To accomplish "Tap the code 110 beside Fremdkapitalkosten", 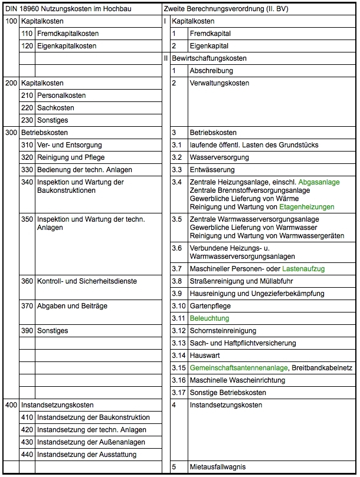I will coord(27,34).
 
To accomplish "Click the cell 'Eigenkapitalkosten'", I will coord(67,46).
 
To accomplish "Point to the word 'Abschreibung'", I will coord(211,71).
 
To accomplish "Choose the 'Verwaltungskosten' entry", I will coord(219,83).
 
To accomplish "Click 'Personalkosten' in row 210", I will coord(61,96).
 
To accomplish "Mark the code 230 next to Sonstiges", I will coord(27,120).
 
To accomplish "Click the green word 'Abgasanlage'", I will coord(319,182).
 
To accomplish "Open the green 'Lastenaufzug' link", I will coord(303,269).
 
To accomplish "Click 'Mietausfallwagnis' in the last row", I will coord(218,468).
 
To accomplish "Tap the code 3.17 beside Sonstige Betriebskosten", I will coord(178,393).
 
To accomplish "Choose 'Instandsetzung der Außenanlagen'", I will coord(87,442).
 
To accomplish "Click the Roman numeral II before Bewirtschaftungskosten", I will coord(166,58).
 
